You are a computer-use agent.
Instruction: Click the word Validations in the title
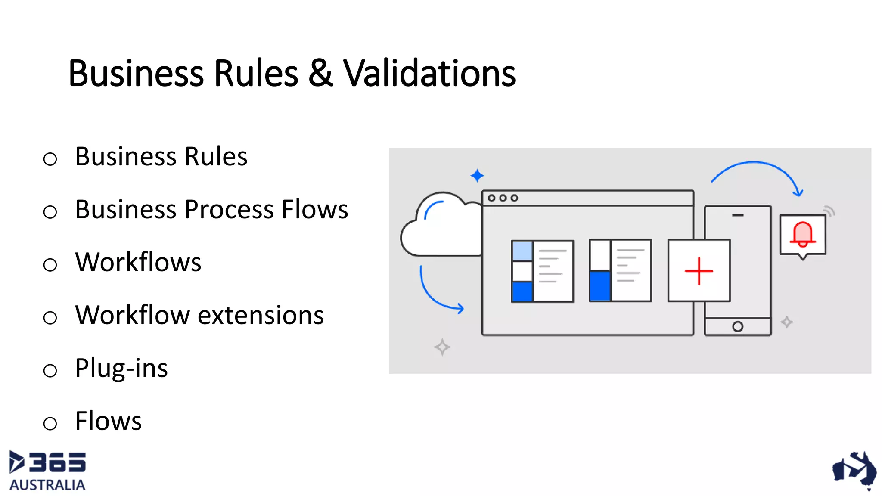[x=429, y=73]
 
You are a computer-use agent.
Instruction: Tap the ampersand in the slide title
[x=320, y=73]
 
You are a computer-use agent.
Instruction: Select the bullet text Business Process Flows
[x=211, y=210]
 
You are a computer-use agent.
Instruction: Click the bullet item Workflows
[x=138, y=262]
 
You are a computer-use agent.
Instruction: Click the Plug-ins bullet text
[x=121, y=369]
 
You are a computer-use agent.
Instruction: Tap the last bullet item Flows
[x=108, y=421]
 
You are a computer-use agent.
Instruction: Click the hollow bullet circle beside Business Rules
[x=50, y=159]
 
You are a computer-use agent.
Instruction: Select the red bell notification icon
[x=802, y=235]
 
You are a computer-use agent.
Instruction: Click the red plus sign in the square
[x=699, y=271]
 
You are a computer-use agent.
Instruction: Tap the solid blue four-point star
[x=477, y=175]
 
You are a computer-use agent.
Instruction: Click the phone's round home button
[x=737, y=327]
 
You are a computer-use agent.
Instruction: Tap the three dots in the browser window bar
[x=503, y=198]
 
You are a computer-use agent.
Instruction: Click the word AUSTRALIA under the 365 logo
[x=47, y=485]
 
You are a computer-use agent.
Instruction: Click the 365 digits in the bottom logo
[x=57, y=462]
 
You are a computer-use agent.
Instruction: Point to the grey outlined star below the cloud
[x=442, y=347]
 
